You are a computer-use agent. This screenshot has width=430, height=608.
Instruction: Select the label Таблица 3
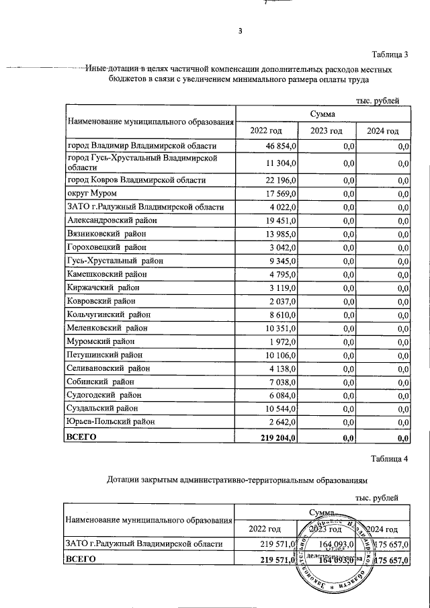(x=390, y=54)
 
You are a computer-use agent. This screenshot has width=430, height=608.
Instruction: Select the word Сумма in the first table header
(x=323, y=115)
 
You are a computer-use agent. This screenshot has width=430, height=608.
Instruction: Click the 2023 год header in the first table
(x=326, y=131)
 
